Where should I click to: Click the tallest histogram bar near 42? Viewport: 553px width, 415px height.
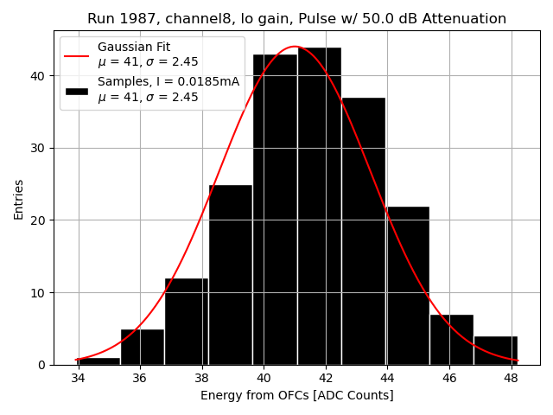(319, 207)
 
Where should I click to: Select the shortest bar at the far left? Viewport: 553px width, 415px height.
(99, 361)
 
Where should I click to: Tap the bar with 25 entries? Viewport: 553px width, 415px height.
(230, 277)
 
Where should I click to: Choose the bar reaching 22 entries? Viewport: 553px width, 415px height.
(407, 285)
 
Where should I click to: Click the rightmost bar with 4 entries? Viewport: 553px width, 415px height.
(496, 350)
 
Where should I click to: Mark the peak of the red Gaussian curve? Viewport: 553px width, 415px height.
(295, 47)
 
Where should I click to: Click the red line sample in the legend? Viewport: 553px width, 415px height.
(76, 54)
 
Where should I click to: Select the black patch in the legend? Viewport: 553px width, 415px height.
(76, 90)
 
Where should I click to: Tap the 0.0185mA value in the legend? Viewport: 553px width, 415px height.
(209, 82)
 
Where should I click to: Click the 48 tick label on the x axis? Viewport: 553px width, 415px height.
(511, 378)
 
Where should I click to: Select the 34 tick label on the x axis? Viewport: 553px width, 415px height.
(79, 378)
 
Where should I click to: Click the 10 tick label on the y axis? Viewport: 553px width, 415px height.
(40, 292)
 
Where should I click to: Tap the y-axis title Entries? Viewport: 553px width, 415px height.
(19, 199)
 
